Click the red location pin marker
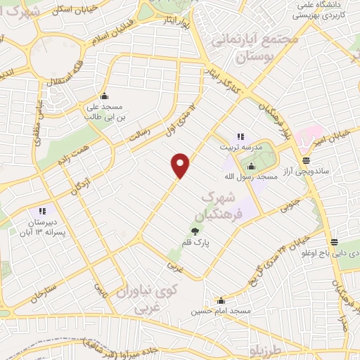pyautogui.click(x=181, y=165)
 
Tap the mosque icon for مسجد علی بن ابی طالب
pyautogui.click(x=105, y=97)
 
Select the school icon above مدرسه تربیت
pyautogui.click(x=239, y=136)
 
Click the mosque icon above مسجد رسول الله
pyautogui.click(x=251, y=166)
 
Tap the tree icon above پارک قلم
pyautogui.click(x=195, y=230)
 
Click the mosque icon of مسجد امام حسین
pyautogui.click(x=221, y=300)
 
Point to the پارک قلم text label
pyautogui.click(x=195, y=243)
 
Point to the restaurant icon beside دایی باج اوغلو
pyautogui.click(x=335, y=243)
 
